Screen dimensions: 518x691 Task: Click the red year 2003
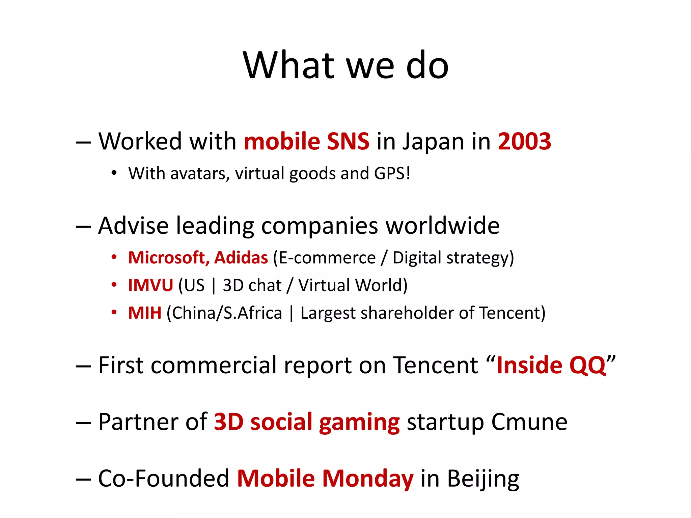pyautogui.click(x=524, y=141)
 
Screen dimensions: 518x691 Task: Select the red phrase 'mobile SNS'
pyautogui.click(x=306, y=141)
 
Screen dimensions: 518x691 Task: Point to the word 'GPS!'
pyautogui.click(x=392, y=173)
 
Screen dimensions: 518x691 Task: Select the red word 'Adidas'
pyautogui.click(x=241, y=258)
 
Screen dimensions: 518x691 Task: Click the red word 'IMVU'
pyautogui.click(x=150, y=285)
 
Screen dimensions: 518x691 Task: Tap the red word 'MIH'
pyautogui.click(x=145, y=313)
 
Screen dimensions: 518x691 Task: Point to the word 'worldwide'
pyautogui.click(x=442, y=225)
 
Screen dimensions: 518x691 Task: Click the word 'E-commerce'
pyautogui.click(x=327, y=258)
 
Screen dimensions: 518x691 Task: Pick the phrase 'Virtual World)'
pyautogui.click(x=353, y=285)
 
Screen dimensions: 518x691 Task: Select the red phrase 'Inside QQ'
pyautogui.click(x=551, y=365)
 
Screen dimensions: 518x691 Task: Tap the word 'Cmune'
pyautogui.click(x=529, y=422)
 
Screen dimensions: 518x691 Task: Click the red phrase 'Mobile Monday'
pyautogui.click(x=325, y=479)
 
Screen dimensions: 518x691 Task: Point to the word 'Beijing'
pyautogui.click(x=483, y=479)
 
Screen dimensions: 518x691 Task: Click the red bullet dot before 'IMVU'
pyautogui.click(x=114, y=285)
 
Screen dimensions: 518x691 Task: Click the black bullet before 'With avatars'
pyautogui.click(x=114, y=173)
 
